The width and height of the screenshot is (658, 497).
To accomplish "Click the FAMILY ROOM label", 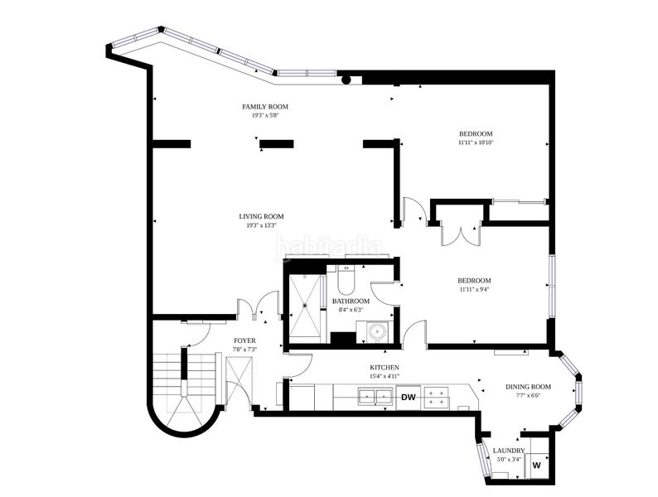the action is pyautogui.click(x=265, y=107).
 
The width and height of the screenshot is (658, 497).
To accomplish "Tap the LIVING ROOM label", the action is pyautogui.click(x=261, y=217).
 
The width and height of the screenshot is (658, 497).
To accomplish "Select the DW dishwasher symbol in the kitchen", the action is pyautogui.click(x=409, y=397).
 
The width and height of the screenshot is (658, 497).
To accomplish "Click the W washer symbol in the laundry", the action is pyautogui.click(x=537, y=466).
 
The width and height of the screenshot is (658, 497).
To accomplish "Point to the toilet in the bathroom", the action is pyautogui.click(x=346, y=280).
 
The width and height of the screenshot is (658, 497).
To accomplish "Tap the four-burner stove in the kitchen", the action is pyautogui.click(x=437, y=397).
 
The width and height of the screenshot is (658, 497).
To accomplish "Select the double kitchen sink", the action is pyautogui.click(x=375, y=396).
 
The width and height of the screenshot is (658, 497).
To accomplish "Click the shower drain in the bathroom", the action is pyautogui.click(x=305, y=306).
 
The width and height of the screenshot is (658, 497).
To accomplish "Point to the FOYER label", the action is pyautogui.click(x=244, y=341).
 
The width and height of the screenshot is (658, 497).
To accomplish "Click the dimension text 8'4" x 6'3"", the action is pyautogui.click(x=351, y=310).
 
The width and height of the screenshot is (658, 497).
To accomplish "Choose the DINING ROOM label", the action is pyautogui.click(x=528, y=387).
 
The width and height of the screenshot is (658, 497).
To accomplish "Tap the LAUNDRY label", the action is pyautogui.click(x=509, y=451).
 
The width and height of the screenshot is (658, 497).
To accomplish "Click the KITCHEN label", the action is pyautogui.click(x=385, y=368).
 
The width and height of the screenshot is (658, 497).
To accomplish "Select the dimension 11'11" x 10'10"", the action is pyautogui.click(x=476, y=142).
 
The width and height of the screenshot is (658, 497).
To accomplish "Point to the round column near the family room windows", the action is pyautogui.click(x=346, y=80).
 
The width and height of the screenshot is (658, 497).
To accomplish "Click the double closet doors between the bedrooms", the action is pyautogui.click(x=461, y=236).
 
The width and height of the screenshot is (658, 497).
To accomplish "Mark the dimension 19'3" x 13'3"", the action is pyautogui.click(x=261, y=225).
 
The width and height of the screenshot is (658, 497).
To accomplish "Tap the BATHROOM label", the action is pyautogui.click(x=351, y=302).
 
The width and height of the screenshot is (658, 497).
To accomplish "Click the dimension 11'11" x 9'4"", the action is pyautogui.click(x=474, y=289).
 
